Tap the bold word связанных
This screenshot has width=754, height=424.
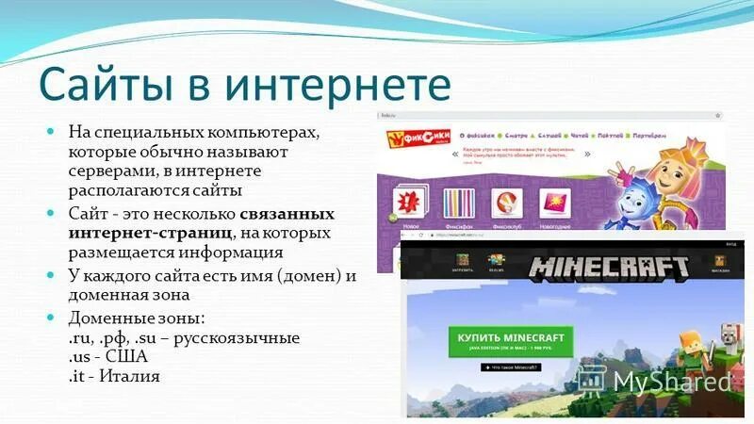pyautogui.click(x=293, y=213)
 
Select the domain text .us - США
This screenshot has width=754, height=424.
pyautogui.click(x=107, y=357)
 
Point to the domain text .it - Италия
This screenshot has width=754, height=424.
pyautogui.click(x=113, y=376)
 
